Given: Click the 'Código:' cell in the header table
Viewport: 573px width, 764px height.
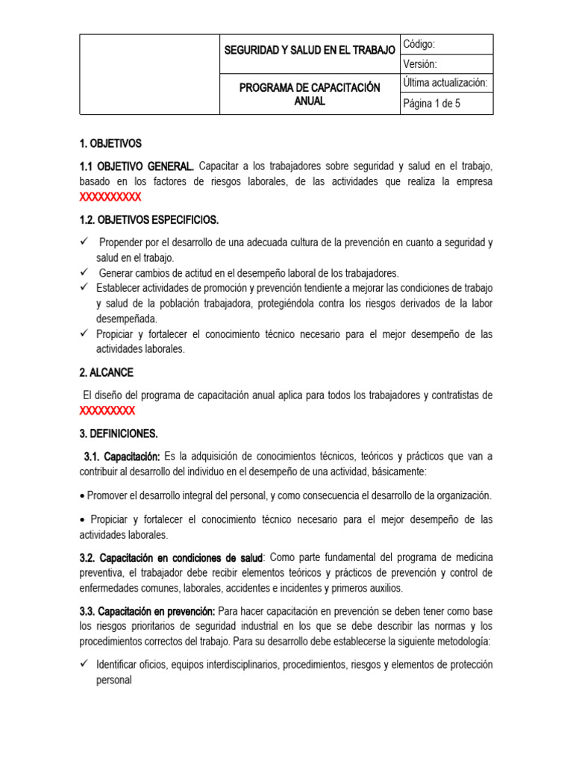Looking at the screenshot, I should click(446, 44).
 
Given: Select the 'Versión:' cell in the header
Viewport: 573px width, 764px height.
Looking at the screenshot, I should click(446, 64).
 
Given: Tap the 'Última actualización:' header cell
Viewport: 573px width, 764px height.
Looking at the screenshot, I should click(446, 83).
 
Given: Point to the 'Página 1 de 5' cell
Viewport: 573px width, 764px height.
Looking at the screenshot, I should click(446, 104).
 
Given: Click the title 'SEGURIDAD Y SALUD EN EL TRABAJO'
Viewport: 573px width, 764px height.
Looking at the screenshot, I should click(310, 50).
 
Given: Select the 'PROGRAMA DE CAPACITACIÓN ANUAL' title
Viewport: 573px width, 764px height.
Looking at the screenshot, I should click(310, 95).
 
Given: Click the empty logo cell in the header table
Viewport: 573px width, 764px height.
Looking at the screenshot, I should click(149, 74).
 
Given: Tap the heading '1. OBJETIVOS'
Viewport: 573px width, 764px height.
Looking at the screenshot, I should click(110, 143).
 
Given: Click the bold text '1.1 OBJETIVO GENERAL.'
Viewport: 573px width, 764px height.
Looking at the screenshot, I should click(137, 165).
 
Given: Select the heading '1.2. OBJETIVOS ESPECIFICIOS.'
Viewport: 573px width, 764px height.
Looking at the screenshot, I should click(148, 220).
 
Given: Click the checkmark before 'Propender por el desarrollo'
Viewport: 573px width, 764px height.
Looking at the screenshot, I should click(84, 242).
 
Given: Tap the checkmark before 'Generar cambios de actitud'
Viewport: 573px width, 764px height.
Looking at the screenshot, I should click(84, 272).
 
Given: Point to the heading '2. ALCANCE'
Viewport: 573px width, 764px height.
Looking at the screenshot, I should click(107, 372).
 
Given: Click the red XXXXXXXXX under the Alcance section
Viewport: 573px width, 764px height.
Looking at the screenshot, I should click(107, 411).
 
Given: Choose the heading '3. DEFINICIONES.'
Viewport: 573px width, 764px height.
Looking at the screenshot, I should click(119, 433).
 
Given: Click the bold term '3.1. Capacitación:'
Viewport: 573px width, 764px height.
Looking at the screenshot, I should click(122, 456).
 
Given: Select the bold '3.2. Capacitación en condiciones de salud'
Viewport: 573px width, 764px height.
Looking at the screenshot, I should click(171, 557).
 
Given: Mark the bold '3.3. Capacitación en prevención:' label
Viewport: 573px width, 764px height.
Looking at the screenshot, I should click(147, 611).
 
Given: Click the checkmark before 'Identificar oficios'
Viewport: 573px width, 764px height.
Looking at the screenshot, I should click(84, 664).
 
